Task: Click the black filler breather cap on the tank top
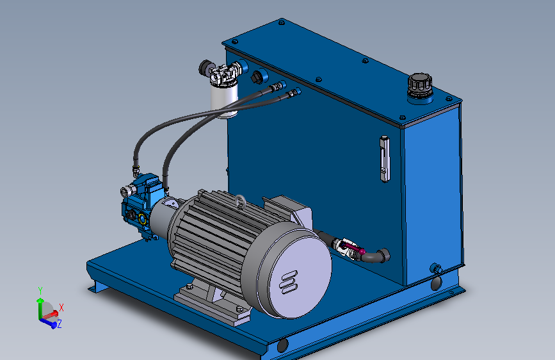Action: pyautogui.click(x=419, y=85)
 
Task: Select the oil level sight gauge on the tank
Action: pyautogui.click(x=384, y=158)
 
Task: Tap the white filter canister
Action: pyautogui.click(x=224, y=101)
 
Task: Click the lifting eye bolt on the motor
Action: pyautogui.click(x=240, y=201)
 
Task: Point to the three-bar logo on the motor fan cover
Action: pyautogui.click(x=289, y=282)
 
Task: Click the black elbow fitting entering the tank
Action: pyautogui.click(x=378, y=256)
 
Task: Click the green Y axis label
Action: pyautogui.click(x=40, y=290)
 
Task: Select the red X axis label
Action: pyautogui.click(x=61, y=307)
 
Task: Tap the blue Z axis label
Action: pyautogui.click(x=59, y=325)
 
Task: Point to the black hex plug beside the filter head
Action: pyautogui.click(x=258, y=77)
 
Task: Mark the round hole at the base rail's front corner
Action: pyautogui.click(x=282, y=346)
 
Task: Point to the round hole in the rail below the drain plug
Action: pyautogui.click(x=436, y=282)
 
